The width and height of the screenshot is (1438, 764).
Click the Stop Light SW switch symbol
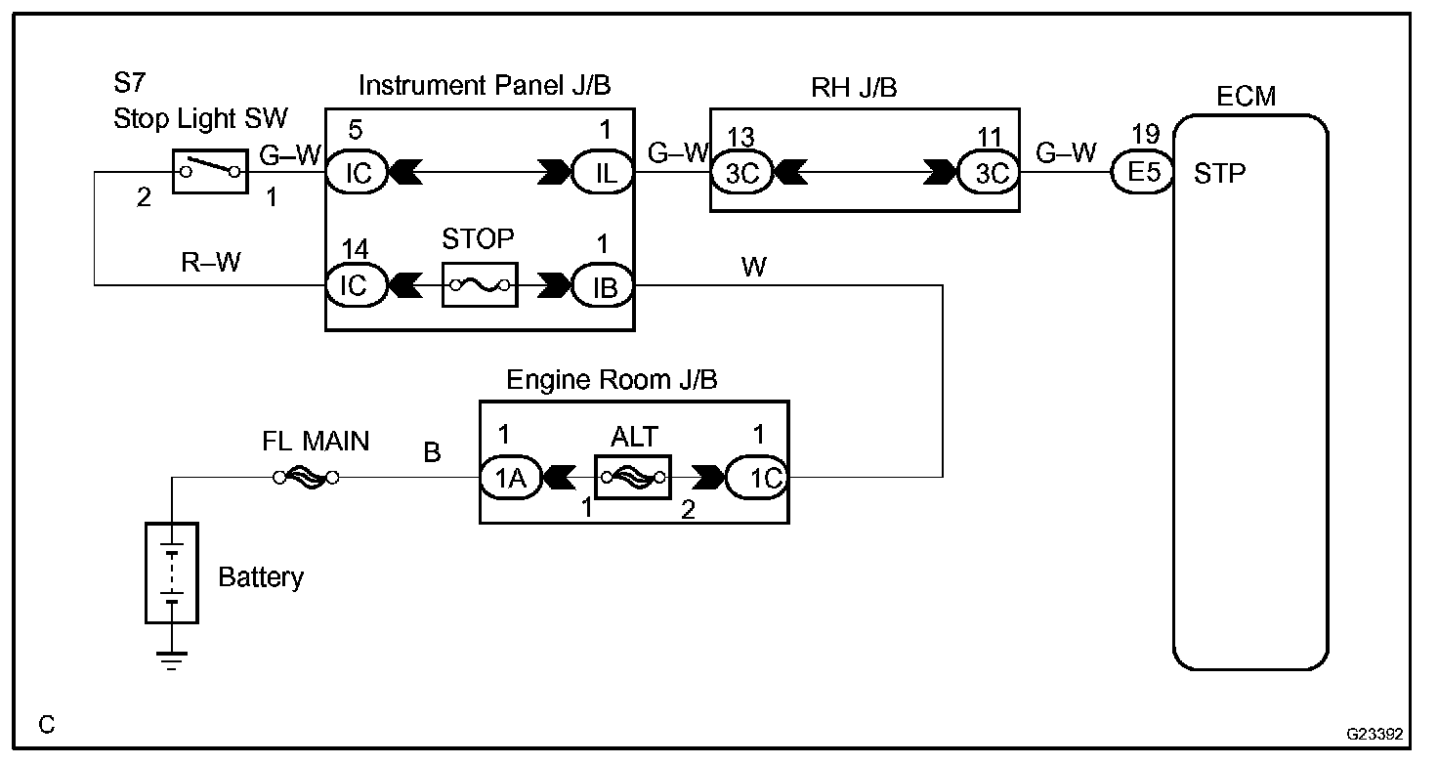210,171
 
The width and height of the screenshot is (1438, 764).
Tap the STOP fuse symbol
480,284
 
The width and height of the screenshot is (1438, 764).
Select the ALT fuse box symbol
633,477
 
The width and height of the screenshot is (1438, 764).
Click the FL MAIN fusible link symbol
306,478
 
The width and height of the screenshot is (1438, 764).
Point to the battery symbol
171,573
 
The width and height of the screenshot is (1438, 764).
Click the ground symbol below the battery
171,660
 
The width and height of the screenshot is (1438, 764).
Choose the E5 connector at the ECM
1143,172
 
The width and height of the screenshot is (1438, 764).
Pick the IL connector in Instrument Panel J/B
602,172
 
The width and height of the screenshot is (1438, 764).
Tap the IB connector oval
602,285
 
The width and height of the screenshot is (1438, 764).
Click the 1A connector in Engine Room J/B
511,478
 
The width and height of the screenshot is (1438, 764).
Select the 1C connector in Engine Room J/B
757,478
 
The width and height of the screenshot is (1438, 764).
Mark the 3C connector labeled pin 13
741,173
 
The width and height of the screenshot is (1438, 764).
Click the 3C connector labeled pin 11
988,173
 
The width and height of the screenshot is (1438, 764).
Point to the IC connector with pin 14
357,285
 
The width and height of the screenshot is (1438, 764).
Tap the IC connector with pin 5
357,172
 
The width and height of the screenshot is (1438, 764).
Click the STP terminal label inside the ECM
1219,173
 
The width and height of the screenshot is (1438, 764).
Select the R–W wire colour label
211,262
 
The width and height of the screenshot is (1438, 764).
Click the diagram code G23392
1375,734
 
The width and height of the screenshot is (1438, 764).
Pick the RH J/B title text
854,87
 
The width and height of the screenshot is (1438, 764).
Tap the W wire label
753,267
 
